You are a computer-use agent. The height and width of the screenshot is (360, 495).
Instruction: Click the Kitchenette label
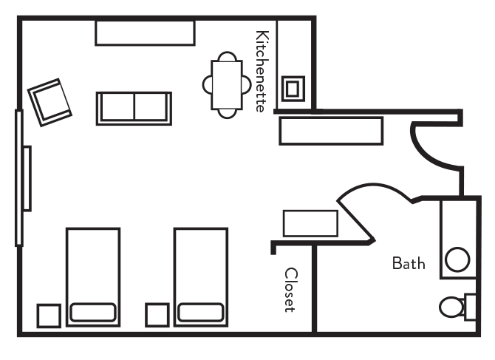[260, 71]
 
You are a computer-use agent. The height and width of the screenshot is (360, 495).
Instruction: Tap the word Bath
[409, 263]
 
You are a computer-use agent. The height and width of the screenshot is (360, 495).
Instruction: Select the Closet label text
[291, 290]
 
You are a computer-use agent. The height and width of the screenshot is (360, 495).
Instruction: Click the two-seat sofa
[134, 108]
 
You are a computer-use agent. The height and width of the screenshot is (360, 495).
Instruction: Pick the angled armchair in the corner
[50, 101]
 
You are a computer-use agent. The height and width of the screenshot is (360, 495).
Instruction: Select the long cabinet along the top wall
[145, 33]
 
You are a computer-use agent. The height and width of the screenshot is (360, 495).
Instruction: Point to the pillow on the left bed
[92, 312]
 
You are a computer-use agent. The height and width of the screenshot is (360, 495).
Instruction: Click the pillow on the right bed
[200, 312]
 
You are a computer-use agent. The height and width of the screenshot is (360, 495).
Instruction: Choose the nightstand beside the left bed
[49, 315]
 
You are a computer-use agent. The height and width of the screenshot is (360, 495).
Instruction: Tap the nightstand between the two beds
[157, 315]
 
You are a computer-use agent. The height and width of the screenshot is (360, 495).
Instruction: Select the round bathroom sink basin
[457, 260]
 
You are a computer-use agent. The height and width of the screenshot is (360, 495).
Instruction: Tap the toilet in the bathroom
[452, 306]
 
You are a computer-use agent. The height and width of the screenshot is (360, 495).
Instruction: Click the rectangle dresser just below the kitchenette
[330, 131]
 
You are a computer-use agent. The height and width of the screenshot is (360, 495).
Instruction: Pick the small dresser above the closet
[310, 223]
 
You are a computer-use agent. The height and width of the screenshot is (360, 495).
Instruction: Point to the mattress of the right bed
[200, 266]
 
